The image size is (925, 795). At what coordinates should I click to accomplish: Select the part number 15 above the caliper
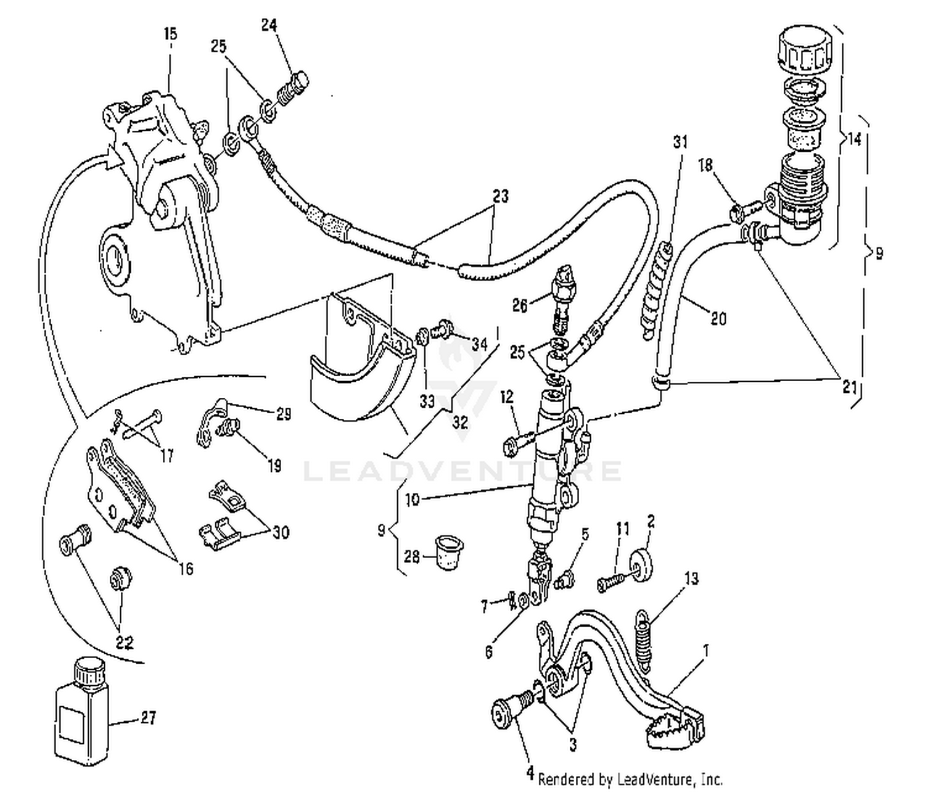(x=170, y=34)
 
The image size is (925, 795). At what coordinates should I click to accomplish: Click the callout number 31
(x=680, y=142)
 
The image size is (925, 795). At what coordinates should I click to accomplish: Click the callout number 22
(x=124, y=642)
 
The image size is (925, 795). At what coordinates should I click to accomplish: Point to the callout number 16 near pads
(x=186, y=568)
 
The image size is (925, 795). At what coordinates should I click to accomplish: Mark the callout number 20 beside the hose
(x=718, y=318)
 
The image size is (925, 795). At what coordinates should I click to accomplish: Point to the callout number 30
(x=281, y=532)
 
